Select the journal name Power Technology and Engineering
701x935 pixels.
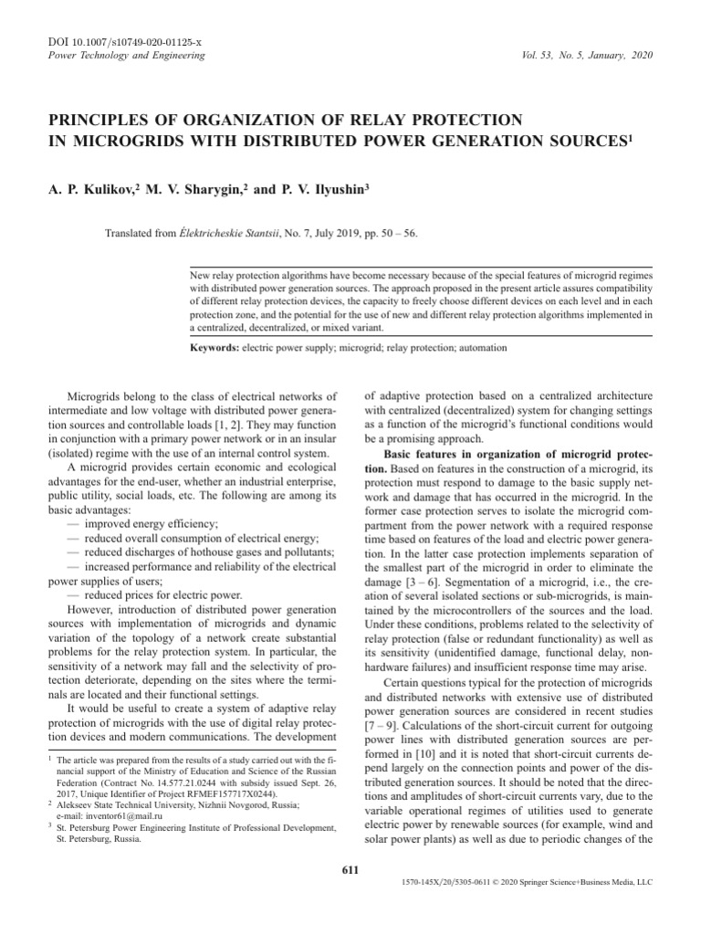click(x=119, y=56)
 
